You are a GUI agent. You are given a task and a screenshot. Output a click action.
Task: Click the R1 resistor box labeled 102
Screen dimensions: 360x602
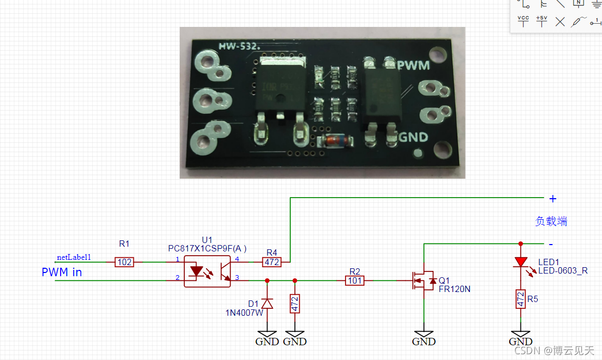coord(125,262)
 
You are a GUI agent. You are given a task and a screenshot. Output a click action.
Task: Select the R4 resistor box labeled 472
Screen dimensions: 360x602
coord(272,261)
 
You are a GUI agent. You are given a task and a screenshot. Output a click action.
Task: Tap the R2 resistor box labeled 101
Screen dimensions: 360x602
coord(354,280)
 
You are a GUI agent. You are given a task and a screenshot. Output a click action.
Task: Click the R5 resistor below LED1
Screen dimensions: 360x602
coord(520,299)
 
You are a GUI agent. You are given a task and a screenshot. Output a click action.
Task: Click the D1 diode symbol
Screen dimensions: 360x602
coord(267,304)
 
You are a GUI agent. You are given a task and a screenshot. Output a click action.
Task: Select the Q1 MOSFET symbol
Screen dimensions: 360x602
coord(423,280)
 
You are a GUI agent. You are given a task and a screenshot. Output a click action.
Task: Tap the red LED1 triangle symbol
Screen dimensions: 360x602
coord(521,262)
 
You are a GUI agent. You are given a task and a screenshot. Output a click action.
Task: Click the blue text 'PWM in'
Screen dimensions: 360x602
coord(62,273)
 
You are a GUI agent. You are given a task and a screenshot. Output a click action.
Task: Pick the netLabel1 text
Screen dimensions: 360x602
coord(74,257)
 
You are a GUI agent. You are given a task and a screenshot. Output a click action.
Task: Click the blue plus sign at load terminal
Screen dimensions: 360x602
coord(552,199)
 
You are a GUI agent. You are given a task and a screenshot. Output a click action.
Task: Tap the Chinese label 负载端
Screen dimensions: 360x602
coord(551,221)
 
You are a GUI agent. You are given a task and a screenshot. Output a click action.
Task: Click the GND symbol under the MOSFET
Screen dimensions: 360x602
coord(424,337)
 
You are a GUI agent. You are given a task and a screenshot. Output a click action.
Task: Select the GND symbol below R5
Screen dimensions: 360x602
coord(520,337)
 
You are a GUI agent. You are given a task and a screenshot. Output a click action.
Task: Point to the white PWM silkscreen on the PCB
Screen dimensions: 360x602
coord(413,65)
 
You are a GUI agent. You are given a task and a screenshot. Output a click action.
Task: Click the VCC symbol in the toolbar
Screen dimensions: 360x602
coord(523,21)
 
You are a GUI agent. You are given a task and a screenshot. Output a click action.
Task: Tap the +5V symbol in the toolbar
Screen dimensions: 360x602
coord(541,21)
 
